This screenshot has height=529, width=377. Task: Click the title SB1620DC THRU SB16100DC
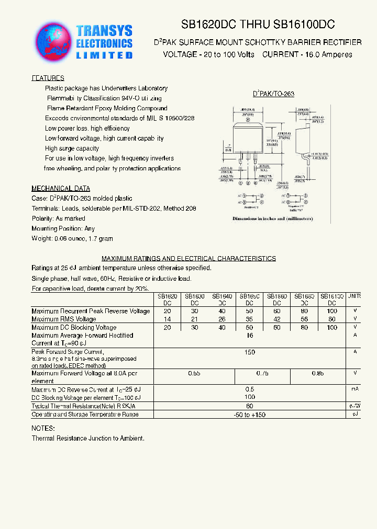[x=258, y=24]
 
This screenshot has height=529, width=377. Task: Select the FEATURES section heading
[x=48, y=78]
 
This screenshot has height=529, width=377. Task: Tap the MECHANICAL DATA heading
[x=61, y=188]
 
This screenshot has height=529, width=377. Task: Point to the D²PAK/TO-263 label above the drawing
[x=274, y=94]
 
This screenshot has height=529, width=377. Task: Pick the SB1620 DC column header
[x=167, y=299]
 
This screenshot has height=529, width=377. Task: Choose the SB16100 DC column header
[x=332, y=299]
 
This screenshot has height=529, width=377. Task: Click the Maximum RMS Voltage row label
[x=64, y=319]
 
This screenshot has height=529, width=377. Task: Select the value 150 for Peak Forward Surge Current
[x=250, y=352]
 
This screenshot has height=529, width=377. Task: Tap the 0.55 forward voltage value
[x=194, y=373]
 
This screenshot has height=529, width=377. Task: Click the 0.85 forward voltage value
[x=318, y=373]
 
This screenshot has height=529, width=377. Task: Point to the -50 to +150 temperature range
[x=250, y=415]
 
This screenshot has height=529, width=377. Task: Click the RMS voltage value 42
[x=278, y=319]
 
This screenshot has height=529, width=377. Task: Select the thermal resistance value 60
[x=250, y=406]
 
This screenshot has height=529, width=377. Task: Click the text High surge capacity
[x=72, y=148]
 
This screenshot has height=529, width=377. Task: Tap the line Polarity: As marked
[x=58, y=218]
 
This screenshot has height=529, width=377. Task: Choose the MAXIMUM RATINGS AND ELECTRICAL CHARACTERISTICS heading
[x=188, y=258]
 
